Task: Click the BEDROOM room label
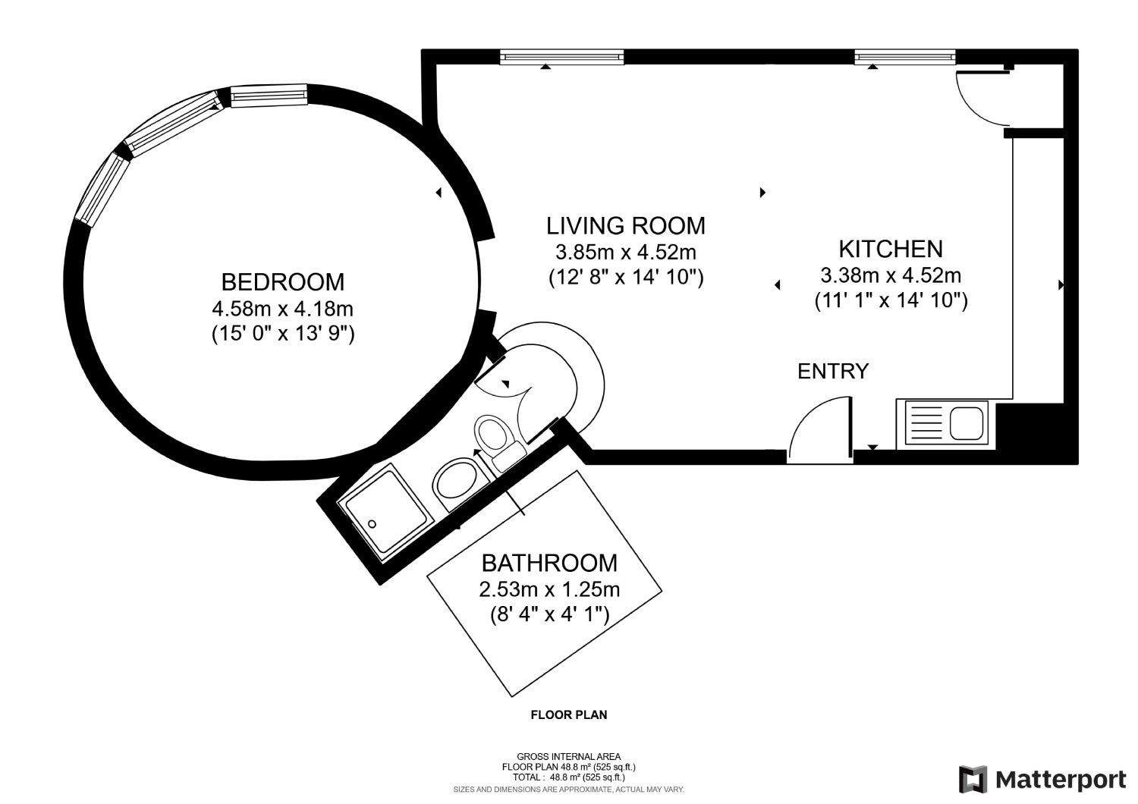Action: click(283, 282)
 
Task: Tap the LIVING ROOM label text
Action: click(626, 226)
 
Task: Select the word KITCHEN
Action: click(891, 249)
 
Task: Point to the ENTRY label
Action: click(833, 371)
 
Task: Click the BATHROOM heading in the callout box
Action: click(549, 563)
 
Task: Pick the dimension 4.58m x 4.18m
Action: click(282, 309)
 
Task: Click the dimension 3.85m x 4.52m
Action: click(626, 252)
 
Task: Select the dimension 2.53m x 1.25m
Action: click(549, 589)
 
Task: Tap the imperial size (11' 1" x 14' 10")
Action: click(891, 300)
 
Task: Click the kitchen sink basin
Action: click(967, 423)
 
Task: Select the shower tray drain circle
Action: click(372, 524)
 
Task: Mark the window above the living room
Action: click(562, 57)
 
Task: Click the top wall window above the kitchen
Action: click(905, 57)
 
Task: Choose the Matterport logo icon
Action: click(973, 779)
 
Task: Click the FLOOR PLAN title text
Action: click(569, 714)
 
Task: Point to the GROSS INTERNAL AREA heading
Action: click(568, 757)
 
